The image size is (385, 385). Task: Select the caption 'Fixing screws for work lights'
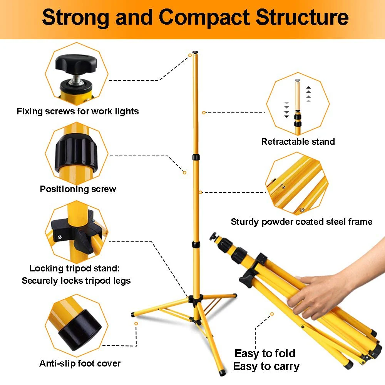tap(77, 112)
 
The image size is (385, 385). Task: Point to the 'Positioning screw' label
tap(78, 189)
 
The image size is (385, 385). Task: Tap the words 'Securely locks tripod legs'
tap(76, 281)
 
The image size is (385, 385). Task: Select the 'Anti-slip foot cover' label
tap(80, 363)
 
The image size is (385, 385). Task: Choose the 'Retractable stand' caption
tap(298, 142)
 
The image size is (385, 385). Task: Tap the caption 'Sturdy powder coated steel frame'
tap(301, 222)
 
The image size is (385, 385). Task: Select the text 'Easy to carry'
tap(266, 366)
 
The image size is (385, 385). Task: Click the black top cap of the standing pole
tap(196, 52)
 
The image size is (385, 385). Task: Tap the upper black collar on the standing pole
tap(196, 157)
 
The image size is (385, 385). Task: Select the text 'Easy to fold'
tap(265, 353)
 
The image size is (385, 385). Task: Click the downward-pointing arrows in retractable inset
tap(286, 110)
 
